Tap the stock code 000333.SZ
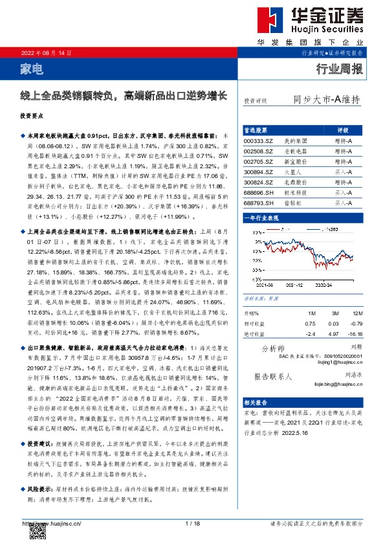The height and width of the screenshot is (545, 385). click(x=258, y=140)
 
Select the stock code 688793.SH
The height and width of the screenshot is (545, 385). click(x=258, y=204)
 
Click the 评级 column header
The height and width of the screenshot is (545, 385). click(x=343, y=129)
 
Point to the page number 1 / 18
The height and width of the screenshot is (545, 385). click(x=192, y=523)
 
